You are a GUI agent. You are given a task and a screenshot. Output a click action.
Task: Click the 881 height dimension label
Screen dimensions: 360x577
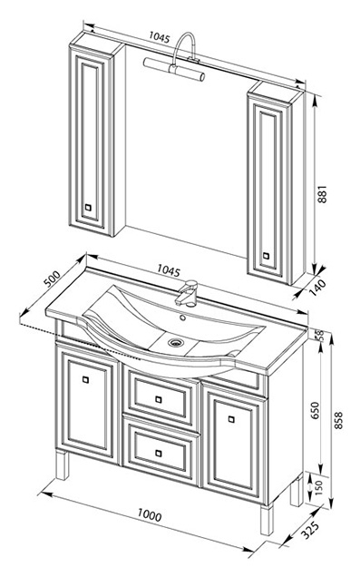pos(322,193)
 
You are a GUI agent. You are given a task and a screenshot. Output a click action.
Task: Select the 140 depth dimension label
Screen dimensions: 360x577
pos(317,288)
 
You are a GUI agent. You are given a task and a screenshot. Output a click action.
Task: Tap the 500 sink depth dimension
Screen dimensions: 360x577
pos(52,279)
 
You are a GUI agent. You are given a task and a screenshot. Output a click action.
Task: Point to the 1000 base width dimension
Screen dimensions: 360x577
pos(150,514)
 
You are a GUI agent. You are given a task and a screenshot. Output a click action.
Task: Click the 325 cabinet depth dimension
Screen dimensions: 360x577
pos(310,530)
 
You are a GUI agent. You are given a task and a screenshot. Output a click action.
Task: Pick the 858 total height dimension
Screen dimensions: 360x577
pos(338,420)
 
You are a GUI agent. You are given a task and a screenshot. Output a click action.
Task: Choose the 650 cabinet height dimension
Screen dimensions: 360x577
pos(316,410)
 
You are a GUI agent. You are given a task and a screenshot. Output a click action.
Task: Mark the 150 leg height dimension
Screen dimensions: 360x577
pos(317,487)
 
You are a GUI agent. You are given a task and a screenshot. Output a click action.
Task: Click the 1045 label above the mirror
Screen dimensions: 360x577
pos(160,37)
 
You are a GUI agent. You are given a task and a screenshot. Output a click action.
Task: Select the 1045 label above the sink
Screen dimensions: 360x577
pos(169,270)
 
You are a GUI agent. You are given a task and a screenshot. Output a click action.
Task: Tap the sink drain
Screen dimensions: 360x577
pos(175,343)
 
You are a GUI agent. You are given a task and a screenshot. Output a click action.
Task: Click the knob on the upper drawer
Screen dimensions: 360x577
pos(159,399)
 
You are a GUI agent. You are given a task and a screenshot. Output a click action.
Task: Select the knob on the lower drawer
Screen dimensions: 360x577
pos(159,453)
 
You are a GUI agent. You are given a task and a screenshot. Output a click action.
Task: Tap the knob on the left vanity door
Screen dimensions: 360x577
pos(85,380)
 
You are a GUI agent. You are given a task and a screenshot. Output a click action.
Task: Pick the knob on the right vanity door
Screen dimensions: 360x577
pos(231,419)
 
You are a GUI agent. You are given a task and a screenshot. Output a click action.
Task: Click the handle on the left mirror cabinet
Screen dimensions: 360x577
pos(88,207)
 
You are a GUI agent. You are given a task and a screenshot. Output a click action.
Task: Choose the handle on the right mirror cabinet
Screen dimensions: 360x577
pos(266,255)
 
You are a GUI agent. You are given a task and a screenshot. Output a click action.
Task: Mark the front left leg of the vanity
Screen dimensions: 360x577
pos(63,465)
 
